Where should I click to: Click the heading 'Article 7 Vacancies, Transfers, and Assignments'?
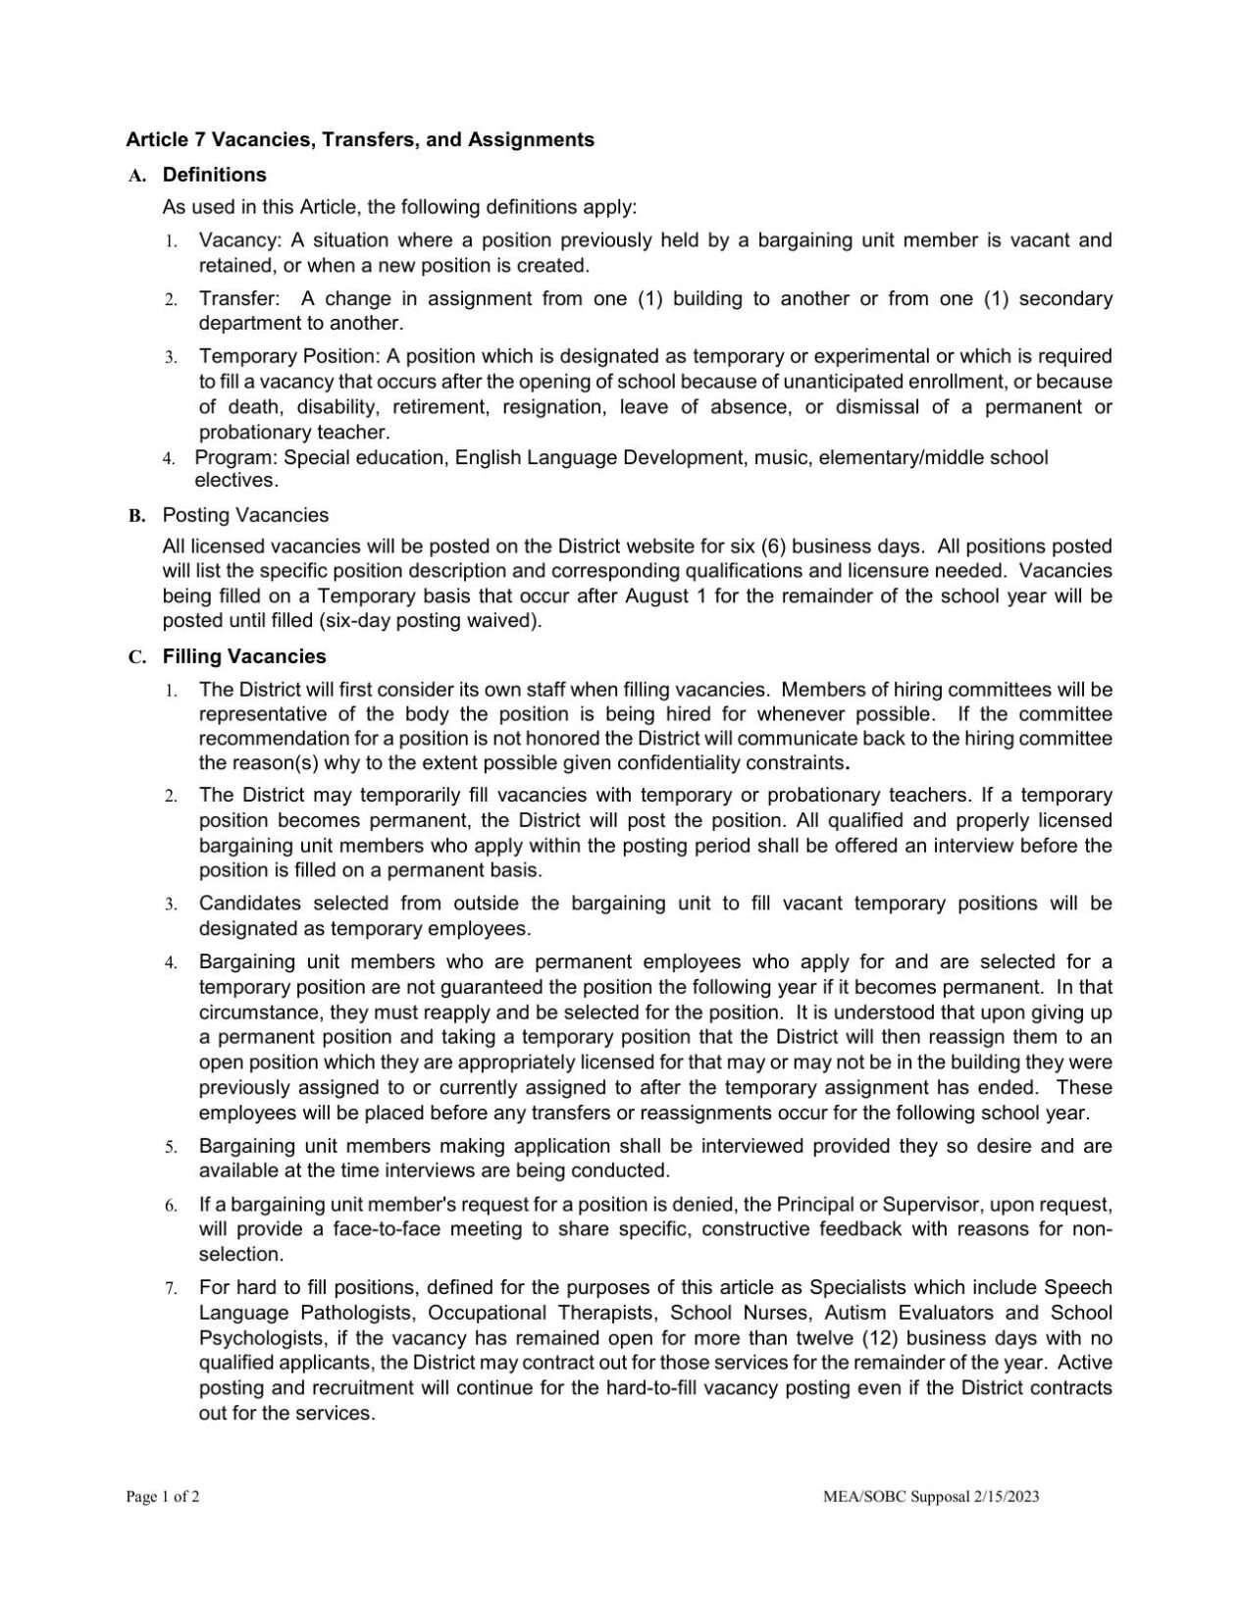pos(359,139)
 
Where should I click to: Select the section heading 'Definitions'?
pos(214,175)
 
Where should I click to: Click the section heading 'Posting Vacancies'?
pos(245,515)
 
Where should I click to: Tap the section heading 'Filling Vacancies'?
pos(244,656)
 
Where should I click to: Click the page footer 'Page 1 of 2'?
pos(163,1497)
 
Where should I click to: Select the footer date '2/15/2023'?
pos(1007,1497)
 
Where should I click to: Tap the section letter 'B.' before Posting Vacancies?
pos(136,516)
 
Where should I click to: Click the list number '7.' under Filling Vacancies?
pos(171,1288)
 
